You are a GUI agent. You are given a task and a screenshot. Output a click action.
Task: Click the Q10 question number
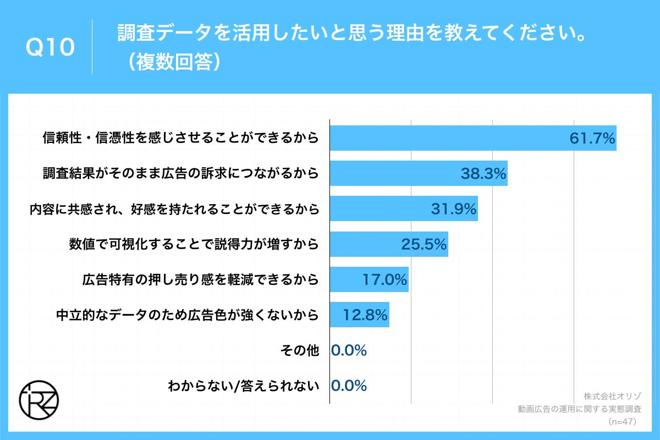[x=50, y=48]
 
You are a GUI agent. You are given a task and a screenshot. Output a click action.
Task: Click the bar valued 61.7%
[x=473, y=138]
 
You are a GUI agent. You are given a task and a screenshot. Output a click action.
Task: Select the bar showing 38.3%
[x=418, y=173]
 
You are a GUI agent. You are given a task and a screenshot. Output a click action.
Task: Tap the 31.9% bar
[x=403, y=209]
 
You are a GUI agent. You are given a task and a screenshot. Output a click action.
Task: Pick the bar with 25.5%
[x=388, y=244]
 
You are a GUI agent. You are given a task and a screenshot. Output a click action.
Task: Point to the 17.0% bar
[x=369, y=280]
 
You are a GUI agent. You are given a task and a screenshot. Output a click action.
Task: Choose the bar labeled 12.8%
[x=359, y=315]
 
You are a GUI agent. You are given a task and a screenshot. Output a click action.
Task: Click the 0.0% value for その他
[x=349, y=350]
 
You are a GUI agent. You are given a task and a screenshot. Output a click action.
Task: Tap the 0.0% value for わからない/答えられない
[x=349, y=386]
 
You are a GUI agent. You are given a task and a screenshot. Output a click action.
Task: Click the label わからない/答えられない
[x=243, y=386]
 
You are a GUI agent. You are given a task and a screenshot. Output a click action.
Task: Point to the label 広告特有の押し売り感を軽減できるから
[x=200, y=280]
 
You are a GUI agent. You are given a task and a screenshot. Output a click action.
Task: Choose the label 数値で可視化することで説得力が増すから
[x=194, y=244]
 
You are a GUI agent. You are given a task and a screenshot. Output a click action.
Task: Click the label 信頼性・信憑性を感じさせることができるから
[x=180, y=138]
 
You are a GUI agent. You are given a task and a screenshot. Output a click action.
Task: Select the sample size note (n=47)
[x=622, y=422]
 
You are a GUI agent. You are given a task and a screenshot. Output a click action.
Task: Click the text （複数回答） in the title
[x=172, y=63]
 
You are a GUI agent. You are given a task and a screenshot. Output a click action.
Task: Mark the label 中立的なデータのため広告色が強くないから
[x=188, y=315]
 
